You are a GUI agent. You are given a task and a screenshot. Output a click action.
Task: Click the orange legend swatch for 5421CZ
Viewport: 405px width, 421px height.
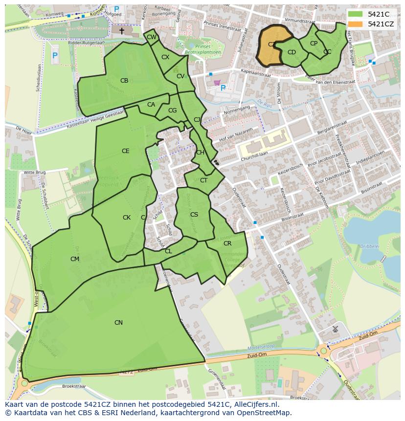pos(356,24)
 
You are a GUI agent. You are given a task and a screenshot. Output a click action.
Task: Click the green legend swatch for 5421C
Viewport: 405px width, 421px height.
pos(356,14)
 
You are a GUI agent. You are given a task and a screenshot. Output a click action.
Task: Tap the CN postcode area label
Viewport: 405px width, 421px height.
pos(118,323)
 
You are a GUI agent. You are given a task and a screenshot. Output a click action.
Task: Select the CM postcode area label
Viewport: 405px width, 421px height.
pos(74,259)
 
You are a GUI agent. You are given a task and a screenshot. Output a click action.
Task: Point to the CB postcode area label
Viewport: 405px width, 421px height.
pos(124,81)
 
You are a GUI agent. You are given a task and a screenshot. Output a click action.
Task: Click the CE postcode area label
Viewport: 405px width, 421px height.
pos(126,151)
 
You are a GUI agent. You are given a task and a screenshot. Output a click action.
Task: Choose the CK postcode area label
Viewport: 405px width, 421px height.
pos(127,218)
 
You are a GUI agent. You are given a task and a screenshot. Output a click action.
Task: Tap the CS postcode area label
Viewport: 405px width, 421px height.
pos(194,215)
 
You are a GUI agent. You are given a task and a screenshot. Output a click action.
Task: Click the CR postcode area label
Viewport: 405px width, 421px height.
pos(227,244)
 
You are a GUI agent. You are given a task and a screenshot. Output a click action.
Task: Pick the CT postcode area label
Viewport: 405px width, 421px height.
pos(204,180)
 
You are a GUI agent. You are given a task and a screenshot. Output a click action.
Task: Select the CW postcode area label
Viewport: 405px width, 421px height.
pos(152,37)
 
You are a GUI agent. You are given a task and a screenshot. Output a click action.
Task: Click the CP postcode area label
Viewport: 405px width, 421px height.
pos(314,44)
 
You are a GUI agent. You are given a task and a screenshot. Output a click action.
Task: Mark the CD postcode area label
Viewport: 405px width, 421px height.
pos(292,52)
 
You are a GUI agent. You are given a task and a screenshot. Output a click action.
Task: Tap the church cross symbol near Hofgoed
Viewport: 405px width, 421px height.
pos(122,30)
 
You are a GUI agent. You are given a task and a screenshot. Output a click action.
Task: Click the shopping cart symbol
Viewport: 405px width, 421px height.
pos(217,83)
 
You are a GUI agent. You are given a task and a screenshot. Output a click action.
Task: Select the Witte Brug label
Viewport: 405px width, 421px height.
pos(35,173)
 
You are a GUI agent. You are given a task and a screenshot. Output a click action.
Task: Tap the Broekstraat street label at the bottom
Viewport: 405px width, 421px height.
pos(74,386)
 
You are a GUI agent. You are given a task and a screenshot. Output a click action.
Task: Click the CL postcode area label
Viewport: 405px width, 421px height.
pos(168,251)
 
